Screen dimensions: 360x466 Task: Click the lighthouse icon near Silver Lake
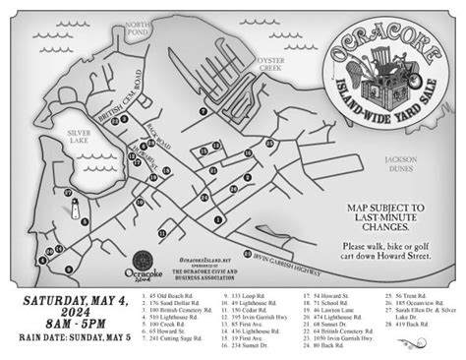click(71, 208)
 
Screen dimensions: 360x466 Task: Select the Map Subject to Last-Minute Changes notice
click(385, 214)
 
